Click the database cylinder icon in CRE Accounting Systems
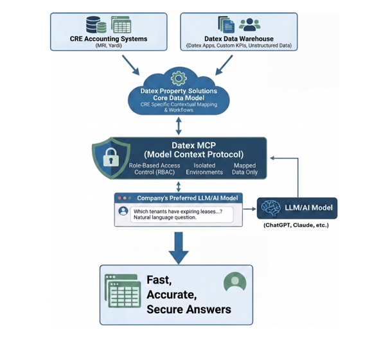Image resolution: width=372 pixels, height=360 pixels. click(x=96, y=24)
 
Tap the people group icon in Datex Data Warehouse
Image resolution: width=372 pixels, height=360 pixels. click(x=249, y=24)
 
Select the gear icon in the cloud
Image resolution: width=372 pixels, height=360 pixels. click(x=179, y=78)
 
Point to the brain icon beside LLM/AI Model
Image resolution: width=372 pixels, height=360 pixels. click(x=270, y=208)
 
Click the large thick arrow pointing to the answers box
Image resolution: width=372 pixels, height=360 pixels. click(x=179, y=248)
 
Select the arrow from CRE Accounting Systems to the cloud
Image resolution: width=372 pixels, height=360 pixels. click(x=130, y=65)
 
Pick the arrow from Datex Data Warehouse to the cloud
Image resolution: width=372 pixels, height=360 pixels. click(x=224, y=65)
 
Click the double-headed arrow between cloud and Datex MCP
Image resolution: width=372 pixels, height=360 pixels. click(x=179, y=126)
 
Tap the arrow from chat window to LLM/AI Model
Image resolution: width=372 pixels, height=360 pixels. click(x=249, y=209)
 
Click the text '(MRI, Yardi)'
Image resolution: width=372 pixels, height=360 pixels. click(x=109, y=46)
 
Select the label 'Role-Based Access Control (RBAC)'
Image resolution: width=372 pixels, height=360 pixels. click(x=154, y=169)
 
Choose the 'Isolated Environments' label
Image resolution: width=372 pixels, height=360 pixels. click(x=204, y=169)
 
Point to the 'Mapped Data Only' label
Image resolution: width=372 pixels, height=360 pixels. click(x=245, y=169)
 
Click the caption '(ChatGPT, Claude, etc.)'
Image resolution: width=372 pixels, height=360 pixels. click(x=296, y=225)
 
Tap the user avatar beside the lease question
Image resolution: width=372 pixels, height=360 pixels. click(x=123, y=210)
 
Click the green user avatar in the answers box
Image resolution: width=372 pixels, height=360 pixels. click(x=235, y=282)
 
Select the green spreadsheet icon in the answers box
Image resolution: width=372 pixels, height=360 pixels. click(x=123, y=291)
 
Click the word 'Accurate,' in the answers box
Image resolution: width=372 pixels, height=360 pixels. click(x=172, y=295)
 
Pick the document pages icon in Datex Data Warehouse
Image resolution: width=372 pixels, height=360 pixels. click(x=226, y=24)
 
